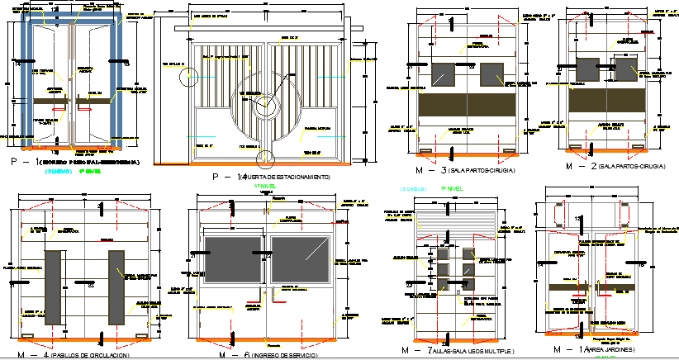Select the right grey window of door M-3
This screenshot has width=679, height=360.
coord(491,74)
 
